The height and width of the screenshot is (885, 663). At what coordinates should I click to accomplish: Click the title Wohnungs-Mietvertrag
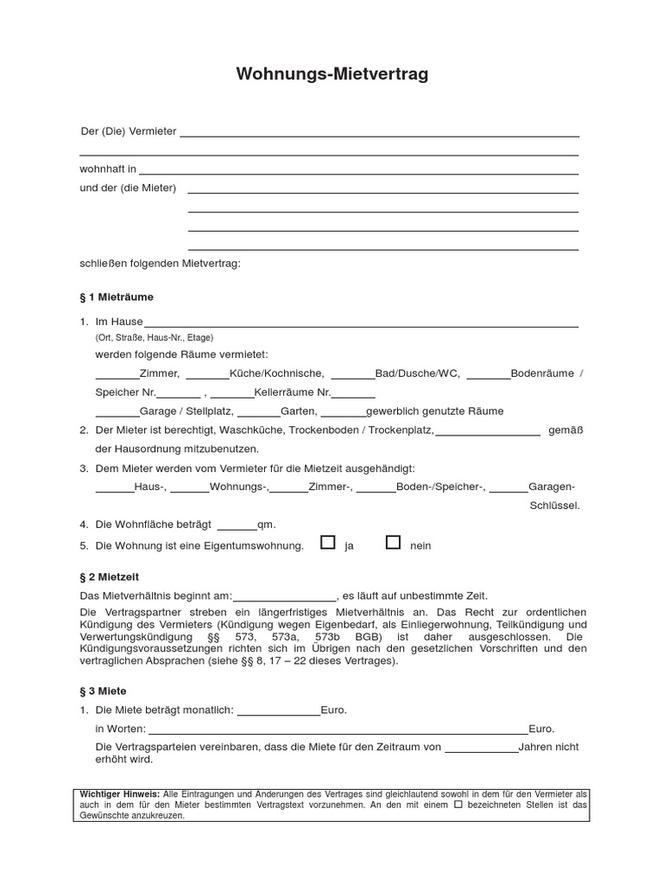[331, 75]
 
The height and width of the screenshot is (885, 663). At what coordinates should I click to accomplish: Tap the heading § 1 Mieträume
[116, 296]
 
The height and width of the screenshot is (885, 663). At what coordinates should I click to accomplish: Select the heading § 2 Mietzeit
[109, 576]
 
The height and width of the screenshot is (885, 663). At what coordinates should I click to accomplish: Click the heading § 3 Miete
[103, 691]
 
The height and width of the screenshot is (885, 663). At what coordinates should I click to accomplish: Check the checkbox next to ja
[327, 543]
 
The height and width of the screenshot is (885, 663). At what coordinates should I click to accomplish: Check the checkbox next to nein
[393, 543]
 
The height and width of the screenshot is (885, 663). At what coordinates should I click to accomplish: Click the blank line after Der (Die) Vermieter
[378, 134]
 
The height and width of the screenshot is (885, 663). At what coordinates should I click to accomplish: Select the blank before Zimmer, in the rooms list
[117, 376]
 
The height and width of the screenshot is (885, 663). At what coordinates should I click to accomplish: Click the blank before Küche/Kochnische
[207, 376]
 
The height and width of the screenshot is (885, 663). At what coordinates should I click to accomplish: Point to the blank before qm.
[237, 526]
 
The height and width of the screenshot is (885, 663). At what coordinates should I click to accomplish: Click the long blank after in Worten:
[338, 731]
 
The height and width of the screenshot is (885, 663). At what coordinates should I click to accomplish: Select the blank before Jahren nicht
[482, 749]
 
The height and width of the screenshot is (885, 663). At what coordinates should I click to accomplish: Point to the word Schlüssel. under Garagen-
[554, 506]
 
